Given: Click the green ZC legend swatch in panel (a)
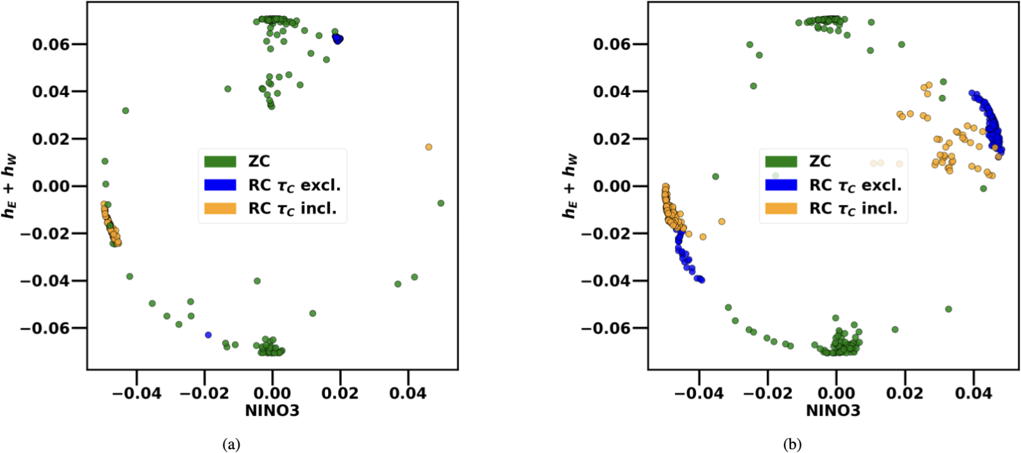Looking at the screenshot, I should [220, 161].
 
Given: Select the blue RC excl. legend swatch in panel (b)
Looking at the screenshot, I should [781, 185].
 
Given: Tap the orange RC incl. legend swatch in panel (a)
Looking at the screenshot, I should [220, 209].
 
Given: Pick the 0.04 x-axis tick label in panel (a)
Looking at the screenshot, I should [408, 393].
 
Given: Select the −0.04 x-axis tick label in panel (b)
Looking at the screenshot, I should [699, 393].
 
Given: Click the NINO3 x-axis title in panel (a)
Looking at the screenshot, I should [272, 410].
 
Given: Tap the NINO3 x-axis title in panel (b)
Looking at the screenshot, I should [833, 410].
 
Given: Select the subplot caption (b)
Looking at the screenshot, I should [792, 444].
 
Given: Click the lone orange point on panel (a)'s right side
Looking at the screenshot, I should [429, 147].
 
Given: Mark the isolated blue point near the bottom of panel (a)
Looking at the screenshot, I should [208, 335].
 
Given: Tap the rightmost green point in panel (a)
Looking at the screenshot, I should [441, 203].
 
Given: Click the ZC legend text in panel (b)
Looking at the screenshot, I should [820, 161].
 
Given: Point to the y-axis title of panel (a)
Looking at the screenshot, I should [10, 186].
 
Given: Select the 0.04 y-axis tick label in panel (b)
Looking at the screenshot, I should [611, 92].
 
